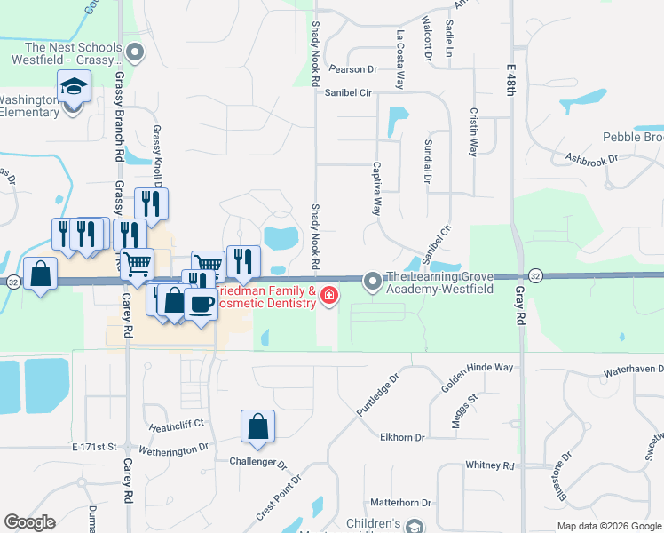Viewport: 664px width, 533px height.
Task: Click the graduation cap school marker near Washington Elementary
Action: (x=75, y=88)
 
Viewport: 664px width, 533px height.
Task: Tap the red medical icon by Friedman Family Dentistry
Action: (x=329, y=294)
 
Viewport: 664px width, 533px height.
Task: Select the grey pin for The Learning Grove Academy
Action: (x=373, y=281)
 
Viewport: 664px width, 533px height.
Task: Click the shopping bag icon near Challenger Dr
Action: (x=257, y=426)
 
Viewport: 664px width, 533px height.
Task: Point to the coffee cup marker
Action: (x=202, y=302)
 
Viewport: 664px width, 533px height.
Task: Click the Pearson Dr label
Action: (x=352, y=68)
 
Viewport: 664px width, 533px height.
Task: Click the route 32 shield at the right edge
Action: (x=536, y=275)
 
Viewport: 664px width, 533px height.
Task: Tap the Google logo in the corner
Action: (x=29, y=522)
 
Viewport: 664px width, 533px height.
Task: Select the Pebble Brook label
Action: (x=633, y=137)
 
